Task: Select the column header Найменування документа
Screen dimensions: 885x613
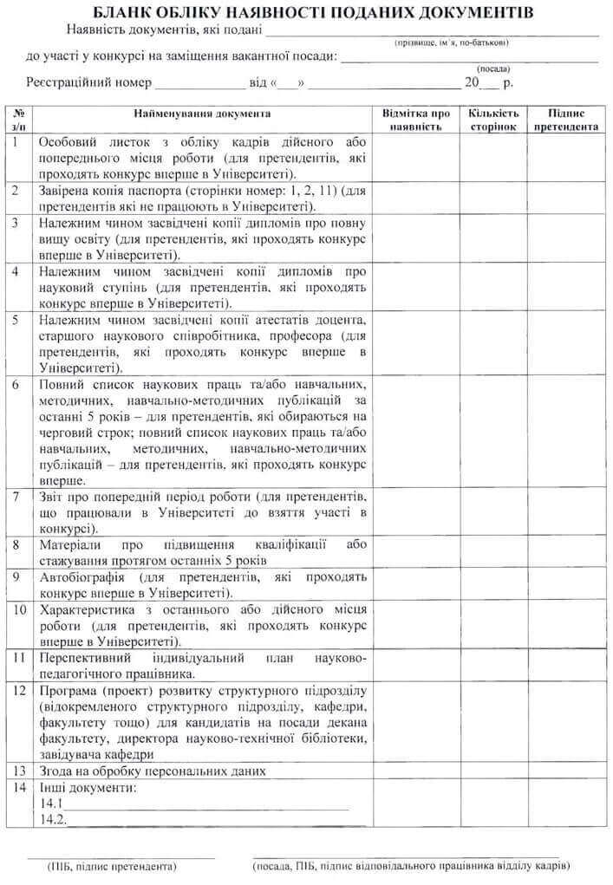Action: [x=202, y=114]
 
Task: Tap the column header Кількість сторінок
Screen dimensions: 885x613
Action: [x=493, y=120]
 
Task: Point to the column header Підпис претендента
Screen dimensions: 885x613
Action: [x=566, y=120]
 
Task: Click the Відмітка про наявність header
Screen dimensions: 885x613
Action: [x=416, y=120]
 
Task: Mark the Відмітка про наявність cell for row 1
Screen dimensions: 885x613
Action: [x=416, y=157]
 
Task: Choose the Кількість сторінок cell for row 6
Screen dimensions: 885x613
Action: [x=493, y=432]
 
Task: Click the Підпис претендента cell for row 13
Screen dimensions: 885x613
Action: [x=566, y=770]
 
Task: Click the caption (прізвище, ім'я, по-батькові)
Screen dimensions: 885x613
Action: [x=451, y=42]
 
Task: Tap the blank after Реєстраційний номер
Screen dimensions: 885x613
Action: [x=200, y=83]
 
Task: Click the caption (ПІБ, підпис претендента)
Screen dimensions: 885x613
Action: [x=113, y=866]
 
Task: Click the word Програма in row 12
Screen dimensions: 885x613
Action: [x=70, y=691]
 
